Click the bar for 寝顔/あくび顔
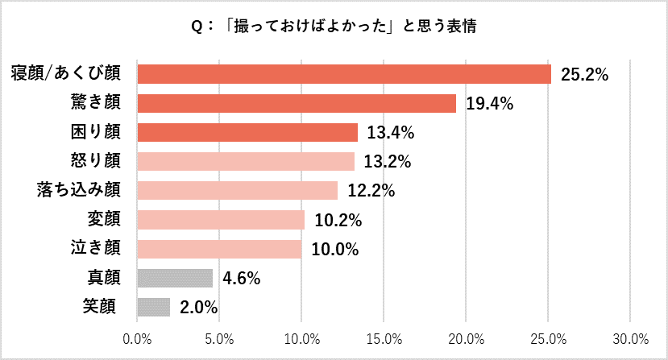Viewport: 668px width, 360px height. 344,74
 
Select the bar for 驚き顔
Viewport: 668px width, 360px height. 297,103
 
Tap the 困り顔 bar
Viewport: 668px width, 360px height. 247,132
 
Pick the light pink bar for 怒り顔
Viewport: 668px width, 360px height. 246,161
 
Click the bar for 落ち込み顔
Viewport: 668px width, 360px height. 238,190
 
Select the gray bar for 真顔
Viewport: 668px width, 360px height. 175,278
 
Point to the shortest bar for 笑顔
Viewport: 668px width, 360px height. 154,307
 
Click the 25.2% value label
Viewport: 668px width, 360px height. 583,75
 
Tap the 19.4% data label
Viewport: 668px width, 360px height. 488,104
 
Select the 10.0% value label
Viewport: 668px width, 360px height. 334,249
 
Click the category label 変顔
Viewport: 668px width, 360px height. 104,219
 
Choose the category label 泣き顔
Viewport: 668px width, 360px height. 96,248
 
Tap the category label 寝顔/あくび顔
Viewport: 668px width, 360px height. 66,73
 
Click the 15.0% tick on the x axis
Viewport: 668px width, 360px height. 384,337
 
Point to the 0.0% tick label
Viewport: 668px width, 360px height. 138,337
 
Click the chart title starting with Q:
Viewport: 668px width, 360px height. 333,26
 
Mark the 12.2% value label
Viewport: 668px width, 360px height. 370,191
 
